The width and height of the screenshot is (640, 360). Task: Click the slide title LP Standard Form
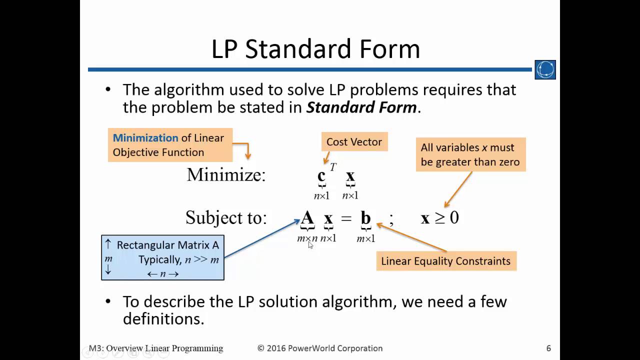click(x=315, y=49)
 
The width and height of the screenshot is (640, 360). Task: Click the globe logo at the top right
click(x=545, y=70)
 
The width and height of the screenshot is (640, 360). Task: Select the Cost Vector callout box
click(x=354, y=142)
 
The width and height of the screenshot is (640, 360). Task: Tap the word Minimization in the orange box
click(x=145, y=138)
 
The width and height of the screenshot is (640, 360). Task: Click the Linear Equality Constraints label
click(x=445, y=261)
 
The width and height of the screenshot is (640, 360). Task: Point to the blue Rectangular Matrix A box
click(x=162, y=257)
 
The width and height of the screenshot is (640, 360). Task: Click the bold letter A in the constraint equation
click(x=307, y=218)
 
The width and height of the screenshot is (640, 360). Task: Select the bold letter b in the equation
click(x=365, y=218)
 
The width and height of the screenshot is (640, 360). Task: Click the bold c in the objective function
click(x=321, y=176)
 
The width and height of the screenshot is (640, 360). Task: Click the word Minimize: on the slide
click(x=226, y=175)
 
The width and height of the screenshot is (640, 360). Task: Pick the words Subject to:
click(x=226, y=217)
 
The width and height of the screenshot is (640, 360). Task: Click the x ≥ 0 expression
click(x=439, y=218)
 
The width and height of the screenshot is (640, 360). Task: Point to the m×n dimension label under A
click(x=307, y=238)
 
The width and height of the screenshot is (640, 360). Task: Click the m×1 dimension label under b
click(x=365, y=239)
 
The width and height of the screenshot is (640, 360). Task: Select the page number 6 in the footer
click(x=548, y=348)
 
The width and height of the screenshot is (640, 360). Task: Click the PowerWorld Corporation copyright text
click(x=320, y=348)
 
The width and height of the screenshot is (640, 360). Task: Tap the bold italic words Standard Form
click(x=361, y=107)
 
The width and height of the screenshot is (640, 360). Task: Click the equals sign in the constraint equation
click(x=346, y=218)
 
